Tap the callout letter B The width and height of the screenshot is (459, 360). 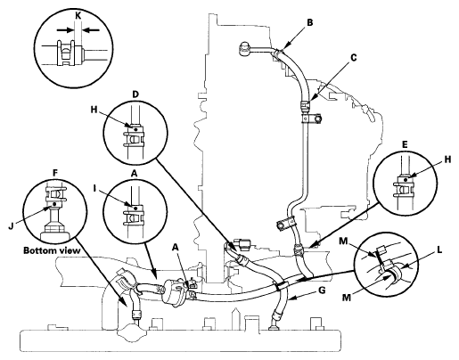[310, 22]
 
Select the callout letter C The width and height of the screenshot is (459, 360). [353, 58]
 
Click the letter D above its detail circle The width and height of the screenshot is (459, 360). [135, 94]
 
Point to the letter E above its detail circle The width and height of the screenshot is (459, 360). [405, 144]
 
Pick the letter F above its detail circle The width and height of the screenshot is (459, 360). [55, 173]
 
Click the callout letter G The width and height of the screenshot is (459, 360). [322, 290]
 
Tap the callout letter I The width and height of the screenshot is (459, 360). [95, 188]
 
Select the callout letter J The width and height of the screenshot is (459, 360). [11, 226]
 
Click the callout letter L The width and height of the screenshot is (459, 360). [439, 250]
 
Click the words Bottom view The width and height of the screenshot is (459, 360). [52, 250]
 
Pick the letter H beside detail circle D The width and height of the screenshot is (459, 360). [94, 110]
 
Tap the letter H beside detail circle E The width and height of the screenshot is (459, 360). [447, 160]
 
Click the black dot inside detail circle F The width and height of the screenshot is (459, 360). [54, 204]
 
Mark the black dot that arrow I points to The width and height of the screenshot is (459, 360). [135, 209]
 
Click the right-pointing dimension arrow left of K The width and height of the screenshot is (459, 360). [65, 30]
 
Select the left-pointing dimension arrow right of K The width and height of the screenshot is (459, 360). [91, 30]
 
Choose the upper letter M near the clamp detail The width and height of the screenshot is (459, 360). [343, 241]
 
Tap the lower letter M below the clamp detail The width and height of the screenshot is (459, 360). [347, 297]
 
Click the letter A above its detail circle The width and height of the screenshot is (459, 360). [135, 175]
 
